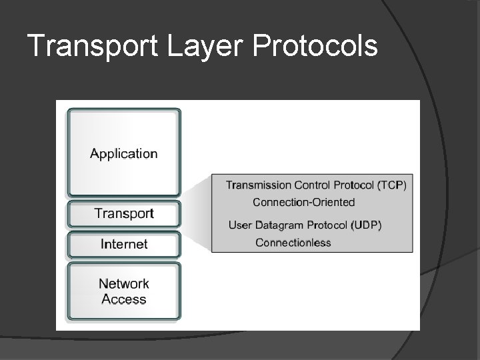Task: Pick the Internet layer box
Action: [x=124, y=245]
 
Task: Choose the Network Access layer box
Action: [x=124, y=292]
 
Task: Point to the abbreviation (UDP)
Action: [x=366, y=225]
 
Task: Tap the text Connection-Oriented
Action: [x=303, y=202]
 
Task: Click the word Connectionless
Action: [x=293, y=243]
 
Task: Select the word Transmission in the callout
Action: [x=259, y=185]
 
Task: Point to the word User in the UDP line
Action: [x=240, y=225]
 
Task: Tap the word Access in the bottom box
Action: [x=124, y=299]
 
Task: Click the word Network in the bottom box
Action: [x=124, y=284]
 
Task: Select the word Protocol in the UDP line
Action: [x=327, y=225]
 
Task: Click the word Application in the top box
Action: [x=124, y=154]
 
